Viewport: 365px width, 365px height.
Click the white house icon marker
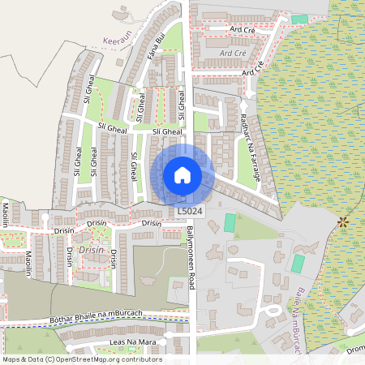click(x=182, y=174)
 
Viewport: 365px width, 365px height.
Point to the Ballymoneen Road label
click(x=193, y=259)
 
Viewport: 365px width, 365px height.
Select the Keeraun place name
click(x=118, y=38)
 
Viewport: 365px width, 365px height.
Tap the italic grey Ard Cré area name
click(x=232, y=53)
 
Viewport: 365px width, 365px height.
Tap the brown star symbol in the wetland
click(x=342, y=220)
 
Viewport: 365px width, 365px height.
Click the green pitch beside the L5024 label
click(x=230, y=221)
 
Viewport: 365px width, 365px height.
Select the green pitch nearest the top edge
click(x=300, y=19)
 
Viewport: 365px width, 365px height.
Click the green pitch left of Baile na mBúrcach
click(x=298, y=264)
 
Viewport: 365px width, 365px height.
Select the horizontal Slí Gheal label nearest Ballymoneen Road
click(x=167, y=131)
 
